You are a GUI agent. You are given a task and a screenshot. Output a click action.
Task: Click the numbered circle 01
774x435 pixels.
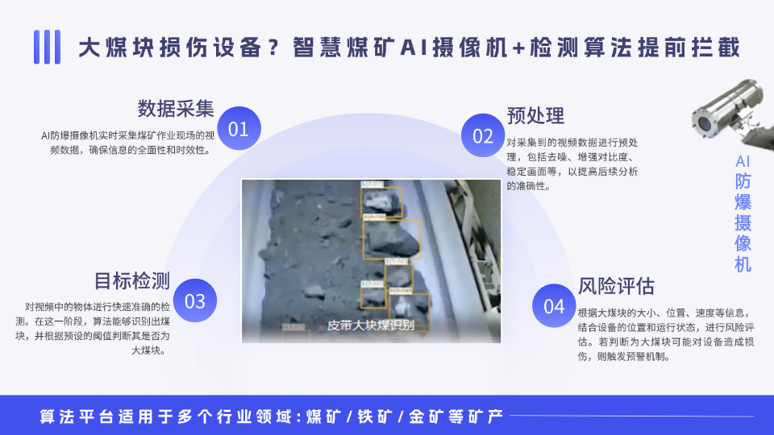[239, 129]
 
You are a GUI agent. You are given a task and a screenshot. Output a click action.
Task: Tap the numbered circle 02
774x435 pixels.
[483, 135]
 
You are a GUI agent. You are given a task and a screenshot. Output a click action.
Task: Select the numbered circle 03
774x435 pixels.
[195, 300]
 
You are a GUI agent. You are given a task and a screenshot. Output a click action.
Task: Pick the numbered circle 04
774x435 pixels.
[554, 306]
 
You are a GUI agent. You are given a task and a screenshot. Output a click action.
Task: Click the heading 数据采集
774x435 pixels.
[176, 108]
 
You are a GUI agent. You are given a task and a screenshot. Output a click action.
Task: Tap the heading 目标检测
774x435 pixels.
[132, 280]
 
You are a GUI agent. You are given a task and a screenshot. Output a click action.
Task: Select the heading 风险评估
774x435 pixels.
[616, 286]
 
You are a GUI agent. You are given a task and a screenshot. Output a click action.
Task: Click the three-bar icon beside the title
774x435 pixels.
[48, 47]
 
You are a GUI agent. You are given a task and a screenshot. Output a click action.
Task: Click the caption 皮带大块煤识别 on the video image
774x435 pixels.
[371, 325]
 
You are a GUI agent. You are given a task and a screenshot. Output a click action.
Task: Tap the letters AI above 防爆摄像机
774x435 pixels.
[743, 161]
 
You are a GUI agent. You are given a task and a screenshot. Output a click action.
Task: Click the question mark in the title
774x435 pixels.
[275, 48]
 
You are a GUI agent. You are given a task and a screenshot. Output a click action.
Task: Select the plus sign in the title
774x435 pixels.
[517, 48]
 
